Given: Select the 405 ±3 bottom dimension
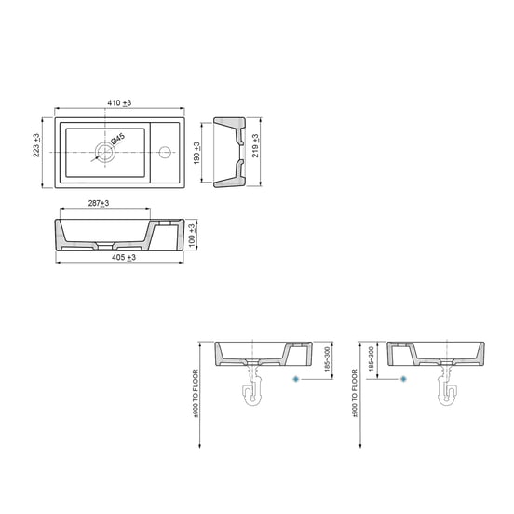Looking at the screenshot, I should coord(122,258).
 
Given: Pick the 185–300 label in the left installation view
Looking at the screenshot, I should coord(325,360).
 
